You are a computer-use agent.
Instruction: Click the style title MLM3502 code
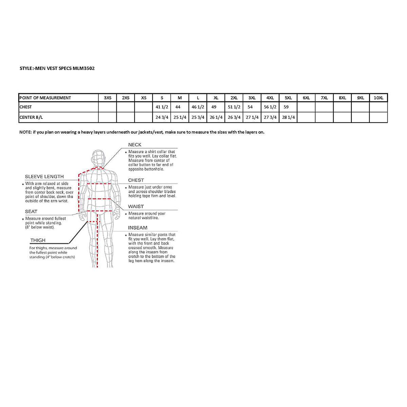[x=83, y=68]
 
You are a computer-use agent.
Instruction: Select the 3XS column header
[x=107, y=98]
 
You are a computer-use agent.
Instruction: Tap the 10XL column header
[x=378, y=98]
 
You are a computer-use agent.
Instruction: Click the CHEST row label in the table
[x=26, y=107]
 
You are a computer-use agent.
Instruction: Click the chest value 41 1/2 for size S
[x=162, y=107]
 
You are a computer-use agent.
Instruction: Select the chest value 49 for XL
[x=214, y=107]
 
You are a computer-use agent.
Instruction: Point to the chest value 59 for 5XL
[x=286, y=107]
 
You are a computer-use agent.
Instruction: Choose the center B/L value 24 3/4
[x=162, y=117]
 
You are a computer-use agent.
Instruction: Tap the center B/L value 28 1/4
[x=288, y=117]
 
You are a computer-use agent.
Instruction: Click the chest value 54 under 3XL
[x=250, y=107]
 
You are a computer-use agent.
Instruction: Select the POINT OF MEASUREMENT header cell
[x=45, y=98]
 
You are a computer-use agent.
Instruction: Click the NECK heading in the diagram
[x=135, y=145]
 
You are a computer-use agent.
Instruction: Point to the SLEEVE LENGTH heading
[x=44, y=177]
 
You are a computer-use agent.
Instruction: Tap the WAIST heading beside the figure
[x=136, y=206]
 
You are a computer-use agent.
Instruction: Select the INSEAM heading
[x=137, y=228]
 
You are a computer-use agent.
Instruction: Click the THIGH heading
[x=38, y=240]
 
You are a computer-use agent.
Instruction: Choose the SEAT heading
[x=31, y=212]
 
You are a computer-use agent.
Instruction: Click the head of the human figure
[x=99, y=158]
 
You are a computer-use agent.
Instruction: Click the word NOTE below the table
[x=25, y=132]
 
